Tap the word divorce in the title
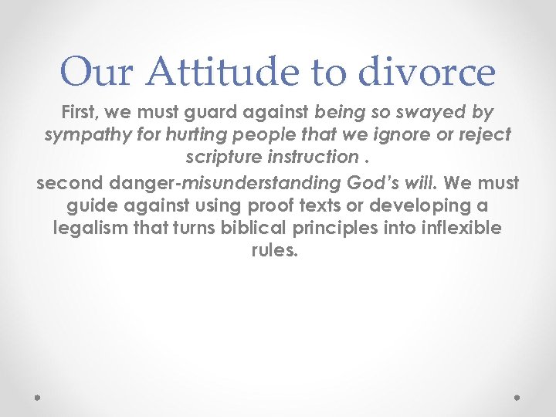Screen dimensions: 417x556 point(426,72)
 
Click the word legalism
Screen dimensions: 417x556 point(89,229)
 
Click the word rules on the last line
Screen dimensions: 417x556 point(274,252)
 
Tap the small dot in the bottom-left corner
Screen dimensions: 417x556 point(38,397)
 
